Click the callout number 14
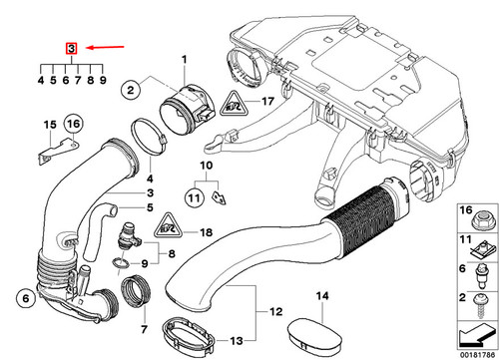pos(321,295)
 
